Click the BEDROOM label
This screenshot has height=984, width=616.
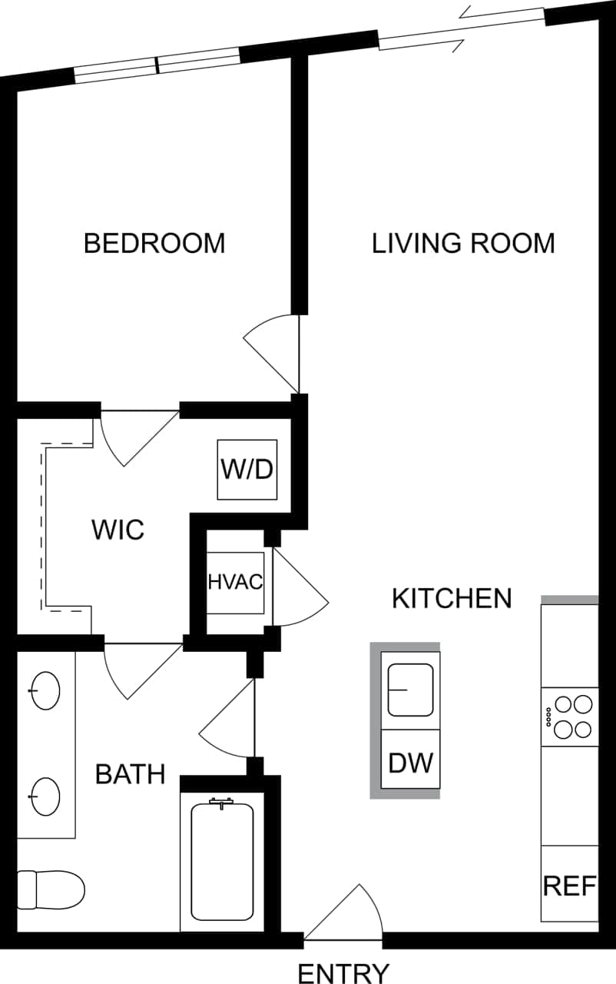(154, 243)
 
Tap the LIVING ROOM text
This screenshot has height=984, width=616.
(463, 243)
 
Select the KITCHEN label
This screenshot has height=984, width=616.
(452, 598)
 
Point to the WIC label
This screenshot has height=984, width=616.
(118, 530)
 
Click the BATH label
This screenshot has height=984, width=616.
(130, 774)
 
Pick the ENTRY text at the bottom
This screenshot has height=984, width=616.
(343, 972)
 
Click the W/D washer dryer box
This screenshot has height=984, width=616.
(247, 469)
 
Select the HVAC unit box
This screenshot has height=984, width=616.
(236, 582)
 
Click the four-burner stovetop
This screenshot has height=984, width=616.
(570, 716)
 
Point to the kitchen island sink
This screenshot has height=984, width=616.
(411, 690)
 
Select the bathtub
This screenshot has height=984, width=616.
(222, 861)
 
